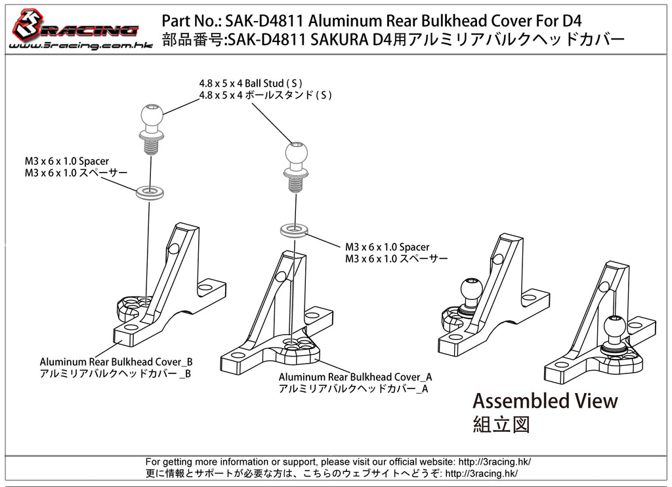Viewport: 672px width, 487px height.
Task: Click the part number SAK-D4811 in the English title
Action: point(264,20)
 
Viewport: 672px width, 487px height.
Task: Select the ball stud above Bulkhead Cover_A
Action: point(296,167)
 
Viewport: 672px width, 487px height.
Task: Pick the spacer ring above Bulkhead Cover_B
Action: point(150,192)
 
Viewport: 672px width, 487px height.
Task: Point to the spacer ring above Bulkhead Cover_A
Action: point(294,230)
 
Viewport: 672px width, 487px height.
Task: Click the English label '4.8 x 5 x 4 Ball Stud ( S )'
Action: point(251,83)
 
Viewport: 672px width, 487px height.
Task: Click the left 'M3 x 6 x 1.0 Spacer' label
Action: point(67,161)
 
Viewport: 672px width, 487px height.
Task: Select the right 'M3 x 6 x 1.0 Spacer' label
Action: point(387,247)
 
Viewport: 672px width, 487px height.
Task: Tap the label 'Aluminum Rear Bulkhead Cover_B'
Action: point(116,362)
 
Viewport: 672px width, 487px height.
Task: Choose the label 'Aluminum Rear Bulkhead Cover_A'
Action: point(355,377)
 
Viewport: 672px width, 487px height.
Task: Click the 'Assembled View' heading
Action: point(545,401)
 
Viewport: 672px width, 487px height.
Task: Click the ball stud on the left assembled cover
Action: point(471,295)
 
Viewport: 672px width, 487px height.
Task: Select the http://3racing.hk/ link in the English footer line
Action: point(495,461)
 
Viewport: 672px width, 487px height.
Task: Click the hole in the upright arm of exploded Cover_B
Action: point(174,249)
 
